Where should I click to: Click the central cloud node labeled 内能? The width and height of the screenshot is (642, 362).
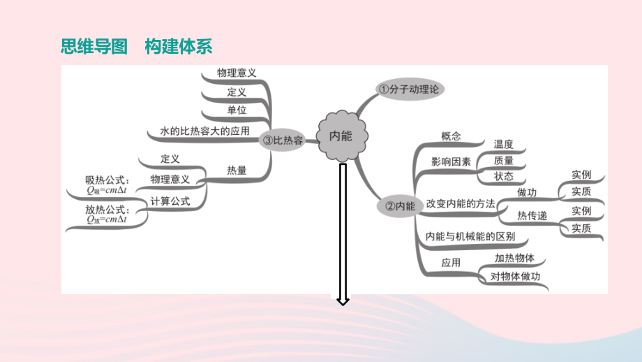[342, 136]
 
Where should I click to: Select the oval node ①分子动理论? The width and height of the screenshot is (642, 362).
[410, 89]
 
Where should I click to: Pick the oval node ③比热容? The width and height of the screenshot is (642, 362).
[283, 140]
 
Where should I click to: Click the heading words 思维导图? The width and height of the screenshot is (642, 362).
[94, 46]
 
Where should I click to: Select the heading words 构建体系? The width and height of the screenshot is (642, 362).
[179, 46]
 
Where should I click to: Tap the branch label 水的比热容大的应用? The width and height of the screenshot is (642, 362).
[204, 131]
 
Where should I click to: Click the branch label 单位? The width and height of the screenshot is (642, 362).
[237, 110]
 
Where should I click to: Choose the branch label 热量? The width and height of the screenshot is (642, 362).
[237, 170]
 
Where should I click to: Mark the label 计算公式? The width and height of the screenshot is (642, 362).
[170, 201]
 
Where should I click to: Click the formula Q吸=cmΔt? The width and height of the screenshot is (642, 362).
[107, 190]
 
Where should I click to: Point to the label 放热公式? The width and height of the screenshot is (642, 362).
[107, 210]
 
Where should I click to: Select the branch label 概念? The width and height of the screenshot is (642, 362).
[451, 136]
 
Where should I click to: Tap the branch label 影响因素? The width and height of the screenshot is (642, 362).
[451, 162]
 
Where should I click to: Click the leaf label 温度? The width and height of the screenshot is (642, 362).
[503, 144]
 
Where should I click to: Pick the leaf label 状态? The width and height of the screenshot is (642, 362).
[503, 176]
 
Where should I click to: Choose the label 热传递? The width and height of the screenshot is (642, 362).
[532, 216]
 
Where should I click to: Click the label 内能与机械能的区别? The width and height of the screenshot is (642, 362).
[470, 236]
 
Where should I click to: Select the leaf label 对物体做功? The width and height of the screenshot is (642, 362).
[515, 277]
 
